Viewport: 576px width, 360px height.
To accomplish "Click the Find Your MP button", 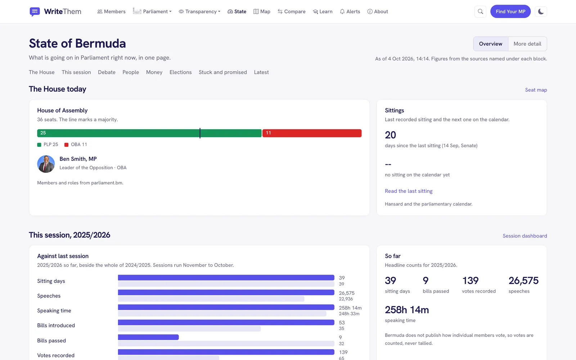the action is [510, 12].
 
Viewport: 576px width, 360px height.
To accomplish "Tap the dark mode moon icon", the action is [541, 12].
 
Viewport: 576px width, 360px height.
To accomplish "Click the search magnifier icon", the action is [480, 12].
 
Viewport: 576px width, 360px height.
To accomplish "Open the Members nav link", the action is [111, 12].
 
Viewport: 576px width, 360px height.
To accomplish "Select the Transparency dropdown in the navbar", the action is [199, 12].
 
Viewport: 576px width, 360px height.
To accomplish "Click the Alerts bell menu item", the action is [350, 12].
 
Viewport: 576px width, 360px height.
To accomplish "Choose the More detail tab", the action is [527, 44].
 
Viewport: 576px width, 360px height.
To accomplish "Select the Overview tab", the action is [491, 44].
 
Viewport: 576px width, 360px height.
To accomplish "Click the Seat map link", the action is [536, 90].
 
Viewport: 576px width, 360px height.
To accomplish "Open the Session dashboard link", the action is [525, 236].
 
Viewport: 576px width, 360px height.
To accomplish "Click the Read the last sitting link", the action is [409, 191].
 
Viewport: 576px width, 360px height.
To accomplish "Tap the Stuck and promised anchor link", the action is [223, 72].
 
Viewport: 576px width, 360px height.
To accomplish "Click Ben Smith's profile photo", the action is [46, 164].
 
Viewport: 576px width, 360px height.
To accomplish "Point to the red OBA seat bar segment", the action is [312, 133].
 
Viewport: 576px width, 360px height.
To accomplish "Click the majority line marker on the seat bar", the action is [200, 133].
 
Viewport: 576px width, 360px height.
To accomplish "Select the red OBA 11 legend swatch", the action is [66, 145].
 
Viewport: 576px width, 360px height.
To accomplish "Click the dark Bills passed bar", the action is [148, 337].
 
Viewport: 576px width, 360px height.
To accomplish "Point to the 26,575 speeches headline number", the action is [523, 280].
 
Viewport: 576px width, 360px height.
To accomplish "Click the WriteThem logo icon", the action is [35, 12].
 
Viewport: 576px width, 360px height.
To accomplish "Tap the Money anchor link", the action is [154, 72].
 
